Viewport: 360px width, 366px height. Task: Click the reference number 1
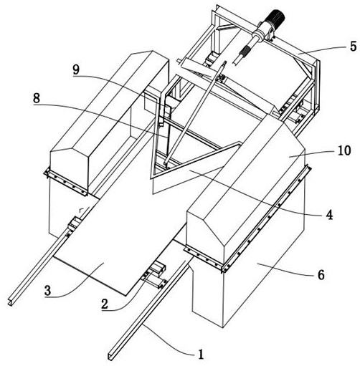[x=201, y=355]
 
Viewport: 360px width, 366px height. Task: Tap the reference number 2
[x=105, y=304]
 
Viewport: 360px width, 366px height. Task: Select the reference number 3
[x=48, y=291]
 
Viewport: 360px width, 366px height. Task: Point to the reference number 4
[x=329, y=215]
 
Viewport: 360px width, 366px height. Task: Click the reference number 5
[x=353, y=47]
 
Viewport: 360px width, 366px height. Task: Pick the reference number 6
[x=321, y=275]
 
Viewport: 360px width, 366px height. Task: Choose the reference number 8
[x=37, y=98]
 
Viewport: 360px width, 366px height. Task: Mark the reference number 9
[x=76, y=70]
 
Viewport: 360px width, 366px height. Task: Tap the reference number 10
[x=344, y=150]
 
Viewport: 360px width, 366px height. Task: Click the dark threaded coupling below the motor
[x=245, y=51]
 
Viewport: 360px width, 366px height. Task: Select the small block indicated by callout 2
[x=158, y=269]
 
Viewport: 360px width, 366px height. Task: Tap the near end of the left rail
[x=11, y=302]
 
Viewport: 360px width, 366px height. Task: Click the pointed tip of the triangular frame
[x=151, y=177]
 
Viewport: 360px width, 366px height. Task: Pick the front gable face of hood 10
[x=206, y=234]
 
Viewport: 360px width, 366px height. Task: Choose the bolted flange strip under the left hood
[x=65, y=182]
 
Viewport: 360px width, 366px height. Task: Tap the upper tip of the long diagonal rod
[x=224, y=63]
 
